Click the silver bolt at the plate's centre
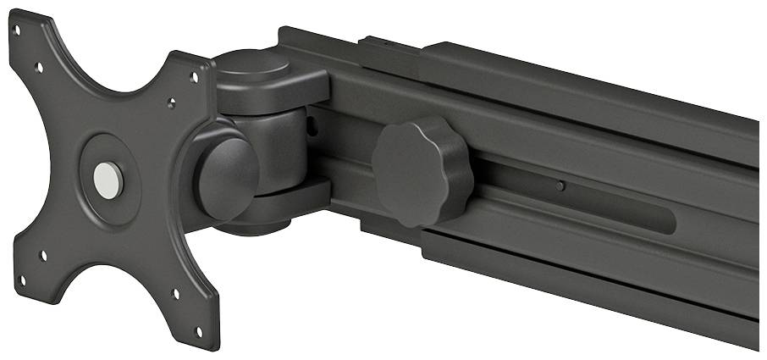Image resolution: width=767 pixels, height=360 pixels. pyautogui.click(x=108, y=180)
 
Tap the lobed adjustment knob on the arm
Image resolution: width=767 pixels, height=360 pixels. pyautogui.click(x=421, y=170)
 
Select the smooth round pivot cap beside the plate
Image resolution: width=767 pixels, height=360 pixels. pyautogui.click(x=226, y=177)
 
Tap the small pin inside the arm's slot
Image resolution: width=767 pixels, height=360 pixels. pyautogui.click(x=560, y=186)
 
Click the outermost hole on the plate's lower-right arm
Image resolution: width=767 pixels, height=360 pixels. pyautogui.click(x=201, y=331)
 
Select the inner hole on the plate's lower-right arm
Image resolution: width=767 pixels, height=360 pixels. pyautogui.click(x=176, y=294)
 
